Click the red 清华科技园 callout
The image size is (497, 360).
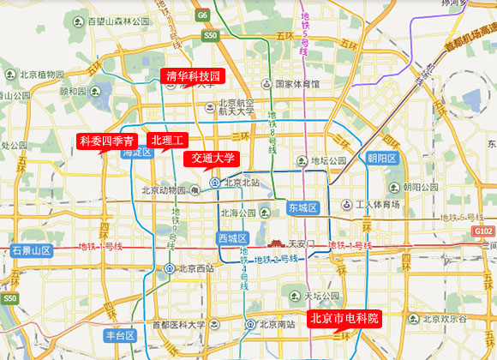coord(193,76)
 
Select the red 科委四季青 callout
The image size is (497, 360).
coord(106,141)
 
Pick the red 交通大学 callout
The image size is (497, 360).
coord(213,158)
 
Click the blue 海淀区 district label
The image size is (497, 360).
coord(136,153)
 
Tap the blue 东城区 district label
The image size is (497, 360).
coord(302,208)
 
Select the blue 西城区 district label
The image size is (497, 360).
coord(232,237)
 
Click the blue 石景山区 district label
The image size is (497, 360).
coord(33,250)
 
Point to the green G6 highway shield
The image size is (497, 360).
coord(202,15)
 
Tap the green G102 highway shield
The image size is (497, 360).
coord(483,232)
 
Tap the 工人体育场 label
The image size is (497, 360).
coord(378,205)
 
